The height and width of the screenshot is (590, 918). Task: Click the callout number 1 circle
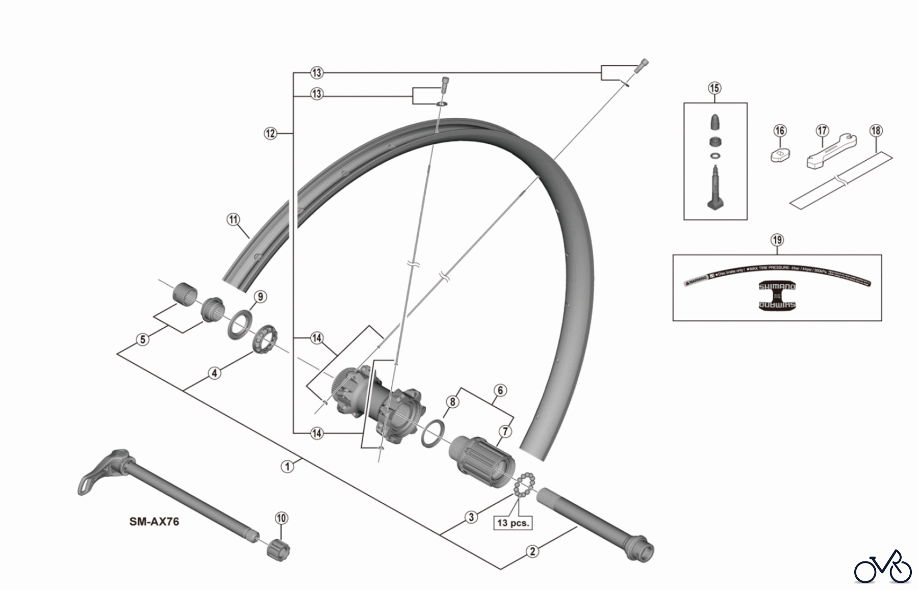coord(288,466)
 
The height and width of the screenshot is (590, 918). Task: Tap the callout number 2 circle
coord(532,551)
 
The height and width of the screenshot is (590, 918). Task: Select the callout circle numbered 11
coord(233,220)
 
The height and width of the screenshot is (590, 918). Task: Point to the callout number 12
coord(270,133)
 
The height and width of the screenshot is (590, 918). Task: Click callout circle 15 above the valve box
coord(715,88)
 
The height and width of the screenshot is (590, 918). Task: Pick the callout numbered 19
coord(777,240)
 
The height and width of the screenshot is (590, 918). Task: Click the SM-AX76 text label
coord(154,522)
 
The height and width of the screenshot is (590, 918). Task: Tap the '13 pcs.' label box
coord(513,523)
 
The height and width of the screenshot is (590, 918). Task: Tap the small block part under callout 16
coord(780,155)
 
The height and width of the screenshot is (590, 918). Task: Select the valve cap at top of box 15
coord(715,122)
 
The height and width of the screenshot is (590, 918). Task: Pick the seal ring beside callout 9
coord(239,322)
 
